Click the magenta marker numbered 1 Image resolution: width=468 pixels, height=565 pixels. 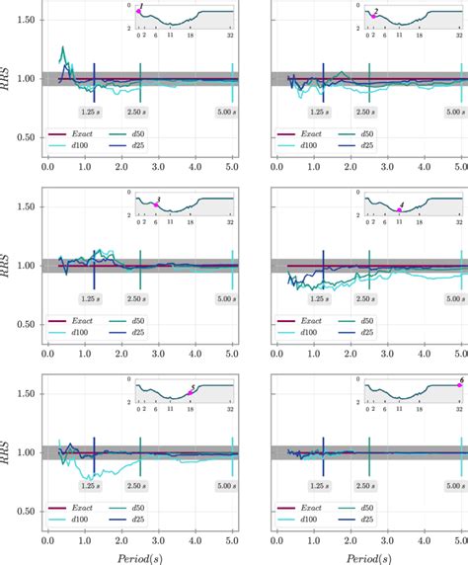(139, 11)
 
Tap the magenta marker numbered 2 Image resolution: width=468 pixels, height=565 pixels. (372, 17)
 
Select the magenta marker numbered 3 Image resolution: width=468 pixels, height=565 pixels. (156, 203)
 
